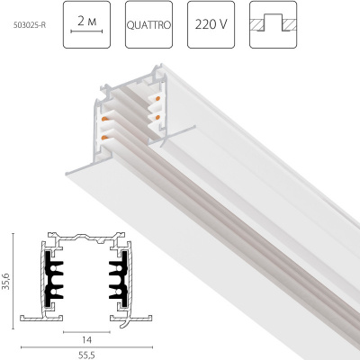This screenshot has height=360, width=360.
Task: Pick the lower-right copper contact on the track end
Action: click(x=158, y=115)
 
